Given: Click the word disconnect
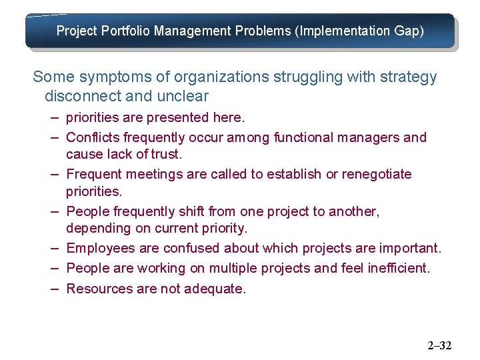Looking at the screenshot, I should (83, 96).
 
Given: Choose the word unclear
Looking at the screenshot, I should (182, 96).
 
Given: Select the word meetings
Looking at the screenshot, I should (141, 175).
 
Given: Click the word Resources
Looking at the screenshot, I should (97, 289).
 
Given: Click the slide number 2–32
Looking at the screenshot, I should (439, 345).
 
